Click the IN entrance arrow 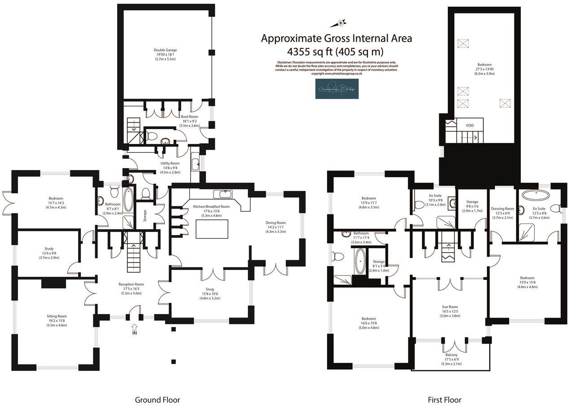click(134, 330)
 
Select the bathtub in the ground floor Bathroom click(128, 200)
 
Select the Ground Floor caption click(157, 399)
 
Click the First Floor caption click(444, 399)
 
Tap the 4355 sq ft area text click(336, 51)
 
